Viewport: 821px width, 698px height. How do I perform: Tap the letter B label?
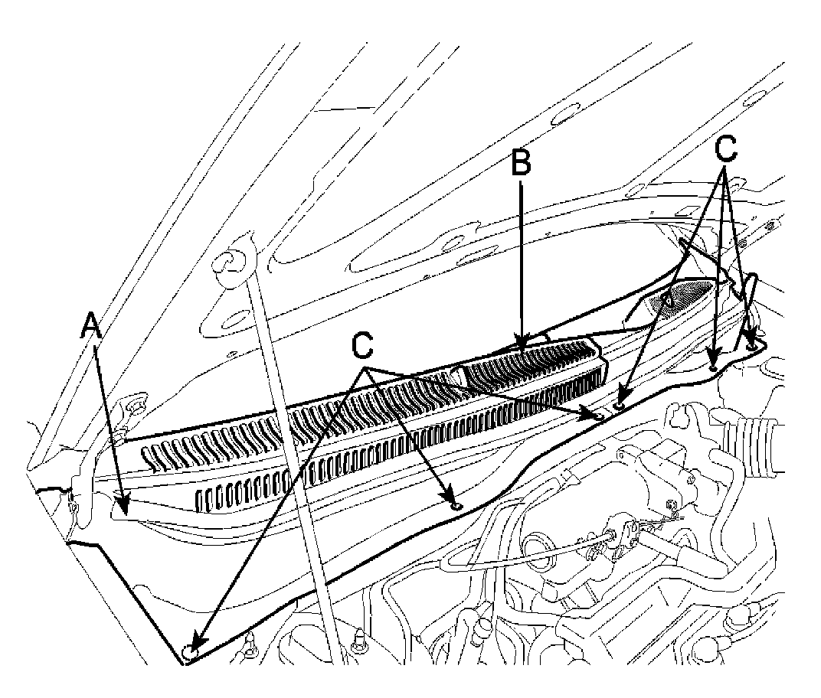tap(521, 164)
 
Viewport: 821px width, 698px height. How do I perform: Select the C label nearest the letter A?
tap(362, 346)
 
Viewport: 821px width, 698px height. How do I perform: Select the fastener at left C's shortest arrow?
tap(456, 506)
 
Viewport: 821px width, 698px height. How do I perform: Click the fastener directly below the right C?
tap(715, 365)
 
